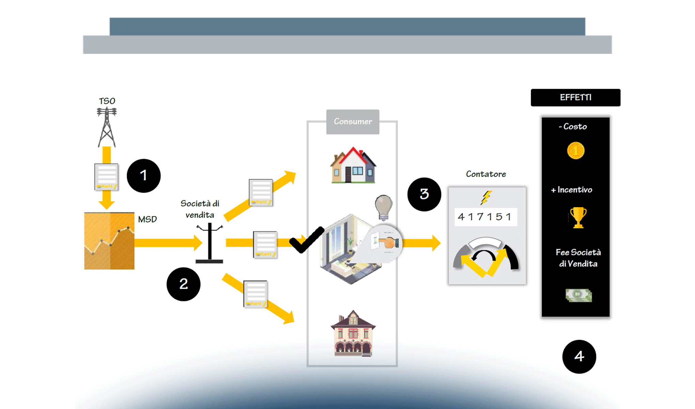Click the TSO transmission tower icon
(107, 127)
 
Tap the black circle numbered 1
(143, 176)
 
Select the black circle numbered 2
(183, 284)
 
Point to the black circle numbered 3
(424, 194)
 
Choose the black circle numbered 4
(579, 357)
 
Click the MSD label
(147, 219)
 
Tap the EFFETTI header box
(575, 97)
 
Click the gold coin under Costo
(575, 151)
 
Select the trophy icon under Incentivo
(578, 217)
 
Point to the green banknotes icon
(578, 295)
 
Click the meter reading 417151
(485, 217)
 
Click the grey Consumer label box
(353, 122)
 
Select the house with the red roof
(353, 166)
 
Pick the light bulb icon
(384, 207)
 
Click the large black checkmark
(307, 240)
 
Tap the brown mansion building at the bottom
(353, 334)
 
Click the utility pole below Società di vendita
(210, 243)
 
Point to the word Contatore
(486, 174)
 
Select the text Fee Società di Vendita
(578, 258)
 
